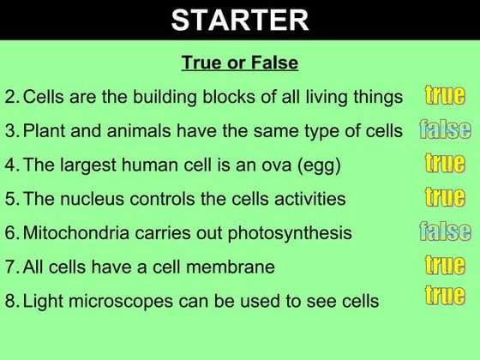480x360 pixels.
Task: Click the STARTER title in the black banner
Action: tap(240, 20)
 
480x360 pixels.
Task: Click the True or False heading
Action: tap(240, 64)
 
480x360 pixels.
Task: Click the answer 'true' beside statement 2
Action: tap(445, 95)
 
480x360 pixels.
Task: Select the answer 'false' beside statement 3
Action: tap(445, 130)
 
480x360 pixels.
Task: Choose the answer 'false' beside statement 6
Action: tap(445, 231)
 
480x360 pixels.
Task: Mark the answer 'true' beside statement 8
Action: tap(445, 297)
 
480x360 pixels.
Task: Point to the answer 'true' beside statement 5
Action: tap(445, 197)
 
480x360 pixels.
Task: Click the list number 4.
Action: tap(10, 165)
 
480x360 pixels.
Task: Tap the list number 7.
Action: tap(10, 267)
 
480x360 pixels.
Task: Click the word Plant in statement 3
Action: tap(44, 131)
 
